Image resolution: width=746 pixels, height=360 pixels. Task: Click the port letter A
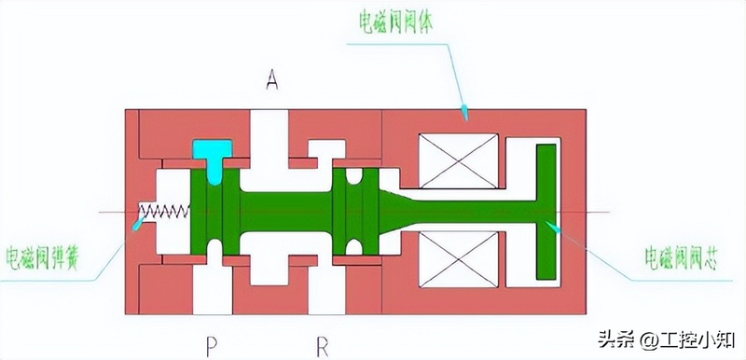click(x=272, y=80)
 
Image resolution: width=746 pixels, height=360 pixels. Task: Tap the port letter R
click(x=323, y=347)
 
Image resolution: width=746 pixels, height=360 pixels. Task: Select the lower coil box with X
click(x=458, y=259)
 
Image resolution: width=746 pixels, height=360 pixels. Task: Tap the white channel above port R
click(x=323, y=284)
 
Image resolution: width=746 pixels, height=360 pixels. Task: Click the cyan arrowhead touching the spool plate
click(x=554, y=225)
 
